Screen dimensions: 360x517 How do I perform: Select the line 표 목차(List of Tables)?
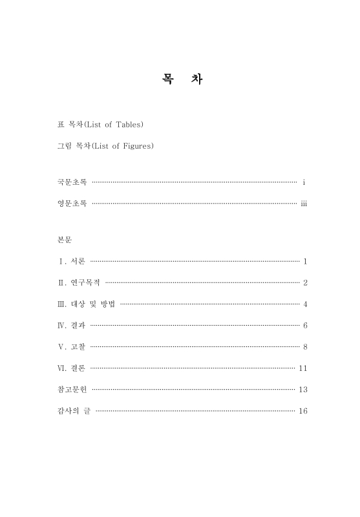(x=100, y=124)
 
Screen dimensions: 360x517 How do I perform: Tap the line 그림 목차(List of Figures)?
(x=105, y=146)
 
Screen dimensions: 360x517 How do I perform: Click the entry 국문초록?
(x=72, y=183)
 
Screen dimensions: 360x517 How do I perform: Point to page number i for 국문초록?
(x=304, y=183)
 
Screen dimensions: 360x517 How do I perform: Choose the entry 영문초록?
(x=72, y=204)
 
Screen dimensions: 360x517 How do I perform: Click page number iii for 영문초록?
(x=303, y=204)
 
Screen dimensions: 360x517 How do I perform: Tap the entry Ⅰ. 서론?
(x=71, y=262)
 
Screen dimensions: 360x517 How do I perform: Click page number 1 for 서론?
(x=304, y=262)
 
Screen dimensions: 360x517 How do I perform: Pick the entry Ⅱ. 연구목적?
(x=79, y=283)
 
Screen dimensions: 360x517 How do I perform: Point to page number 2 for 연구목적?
(x=304, y=283)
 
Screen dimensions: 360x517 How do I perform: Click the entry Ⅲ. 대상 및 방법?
(x=87, y=304)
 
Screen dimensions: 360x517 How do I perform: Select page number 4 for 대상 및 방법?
(x=304, y=304)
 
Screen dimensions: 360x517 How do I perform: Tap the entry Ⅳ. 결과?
(x=71, y=326)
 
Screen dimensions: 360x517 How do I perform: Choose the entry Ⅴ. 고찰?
(x=71, y=347)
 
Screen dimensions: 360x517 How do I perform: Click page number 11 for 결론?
(x=302, y=368)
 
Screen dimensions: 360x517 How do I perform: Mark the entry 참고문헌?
(x=72, y=390)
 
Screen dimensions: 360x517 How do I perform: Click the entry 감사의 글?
(x=74, y=411)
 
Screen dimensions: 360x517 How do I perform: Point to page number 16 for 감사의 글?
(x=302, y=411)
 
